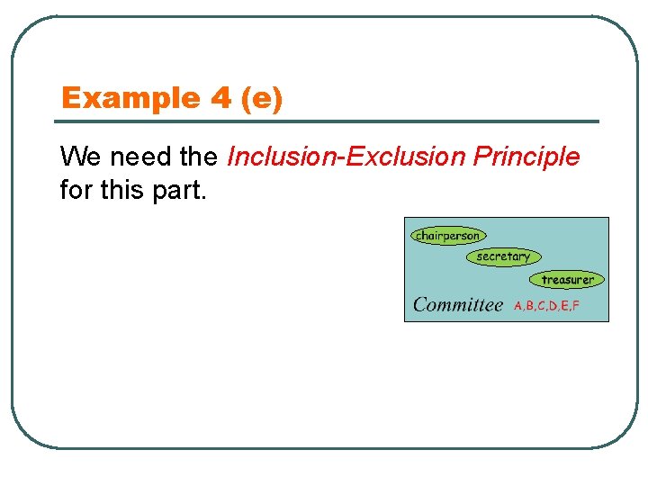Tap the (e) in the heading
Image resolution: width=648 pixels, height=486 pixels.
click(262, 98)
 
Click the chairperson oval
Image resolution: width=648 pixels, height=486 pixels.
click(447, 236)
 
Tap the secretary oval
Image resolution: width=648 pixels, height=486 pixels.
click(503, 256)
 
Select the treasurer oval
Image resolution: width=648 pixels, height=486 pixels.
click(567, 280)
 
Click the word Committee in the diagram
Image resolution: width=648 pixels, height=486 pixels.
click(457, 304)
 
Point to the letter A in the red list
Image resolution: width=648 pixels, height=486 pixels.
click(518, 306)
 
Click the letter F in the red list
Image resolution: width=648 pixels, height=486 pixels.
click(576, 306)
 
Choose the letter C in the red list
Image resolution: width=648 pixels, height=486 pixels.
click(542, 306)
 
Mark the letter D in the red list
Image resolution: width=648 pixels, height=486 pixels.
click(553, 306)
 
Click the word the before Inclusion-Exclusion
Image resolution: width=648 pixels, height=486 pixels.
click(199, 157)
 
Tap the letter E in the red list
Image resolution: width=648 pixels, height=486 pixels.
click(565, 306)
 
